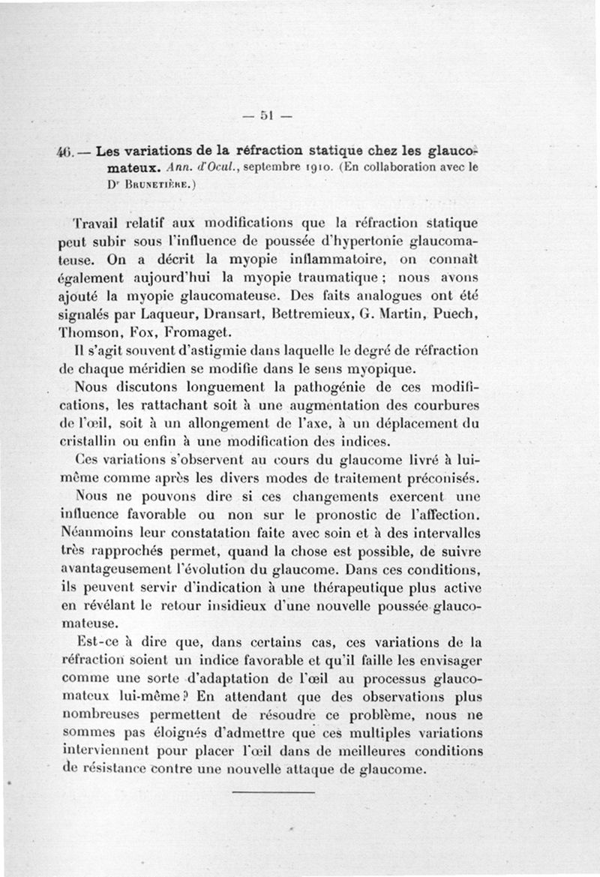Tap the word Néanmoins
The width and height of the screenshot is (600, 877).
pyautogui.click(x=95, y=533)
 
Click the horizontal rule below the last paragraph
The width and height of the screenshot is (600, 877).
pyautogui.click(x=271, y=791)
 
